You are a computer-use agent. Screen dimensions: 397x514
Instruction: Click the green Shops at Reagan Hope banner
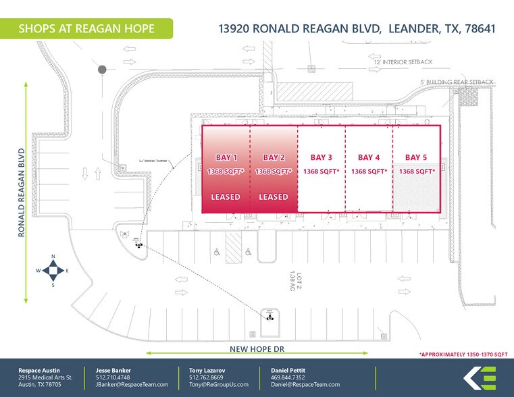86,28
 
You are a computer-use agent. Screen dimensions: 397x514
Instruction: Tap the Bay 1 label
226,157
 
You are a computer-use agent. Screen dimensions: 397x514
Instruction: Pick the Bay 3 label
322,157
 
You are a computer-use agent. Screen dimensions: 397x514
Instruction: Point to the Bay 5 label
416,157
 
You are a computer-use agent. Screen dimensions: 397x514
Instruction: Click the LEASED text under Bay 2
274,197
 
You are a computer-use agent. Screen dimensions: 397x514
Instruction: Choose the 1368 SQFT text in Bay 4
369,171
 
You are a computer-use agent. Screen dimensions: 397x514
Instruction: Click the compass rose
53,270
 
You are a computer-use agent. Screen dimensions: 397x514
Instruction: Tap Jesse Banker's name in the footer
113,370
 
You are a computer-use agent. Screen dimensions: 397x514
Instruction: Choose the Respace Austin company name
38,370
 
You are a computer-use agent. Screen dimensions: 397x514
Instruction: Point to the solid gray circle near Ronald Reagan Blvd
102,69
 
